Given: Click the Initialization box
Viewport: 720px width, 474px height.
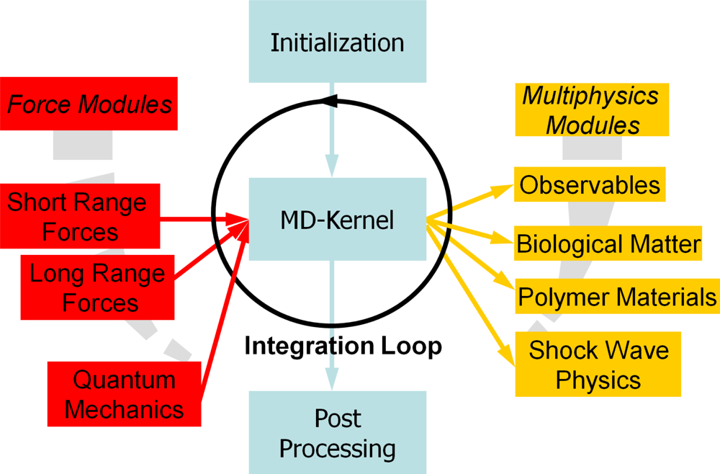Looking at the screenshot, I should [x=337, y=41].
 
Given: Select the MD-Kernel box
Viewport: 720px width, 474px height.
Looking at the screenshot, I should [x=337, y=220].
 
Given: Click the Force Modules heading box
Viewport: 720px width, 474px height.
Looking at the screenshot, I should [x=89, y=104].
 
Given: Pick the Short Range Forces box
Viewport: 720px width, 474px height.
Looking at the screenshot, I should [x=80, y=216].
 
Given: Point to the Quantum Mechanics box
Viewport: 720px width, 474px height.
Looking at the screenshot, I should [x=124, y=393].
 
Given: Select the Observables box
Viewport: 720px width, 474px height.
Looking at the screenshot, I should [x=590, y=184].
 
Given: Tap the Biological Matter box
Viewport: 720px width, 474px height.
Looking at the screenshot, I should [x=608, y=243].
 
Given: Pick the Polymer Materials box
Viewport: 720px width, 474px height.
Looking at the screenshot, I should [x=616, y=296].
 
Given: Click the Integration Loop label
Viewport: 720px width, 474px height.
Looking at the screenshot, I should [x=343, y=346].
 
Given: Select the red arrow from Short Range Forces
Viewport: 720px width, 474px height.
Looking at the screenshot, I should [x=202, y=218].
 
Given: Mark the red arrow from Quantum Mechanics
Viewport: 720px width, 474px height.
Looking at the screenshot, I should [x=223, y=310].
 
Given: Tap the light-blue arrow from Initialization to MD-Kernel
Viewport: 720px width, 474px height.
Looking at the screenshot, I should [x=331, y=137].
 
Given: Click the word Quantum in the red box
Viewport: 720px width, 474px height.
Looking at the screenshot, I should [x=124, y=380].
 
